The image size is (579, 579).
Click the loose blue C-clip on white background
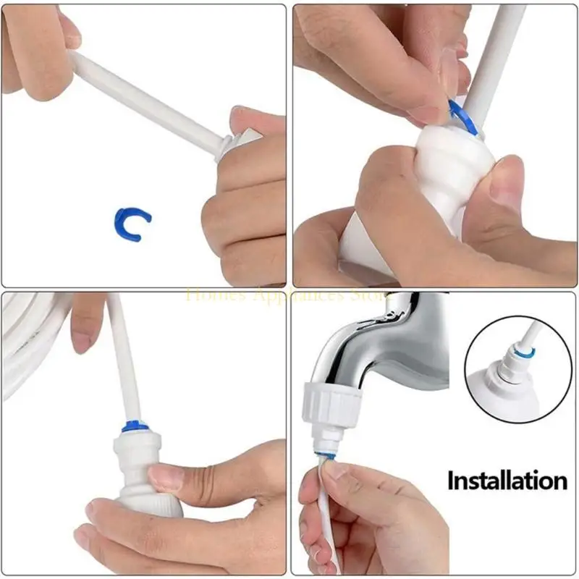pos(132,223)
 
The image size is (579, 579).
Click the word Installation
pos(506,480)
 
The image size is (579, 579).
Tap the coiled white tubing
pos(29,347)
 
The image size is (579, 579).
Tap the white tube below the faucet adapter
pos(315,521)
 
